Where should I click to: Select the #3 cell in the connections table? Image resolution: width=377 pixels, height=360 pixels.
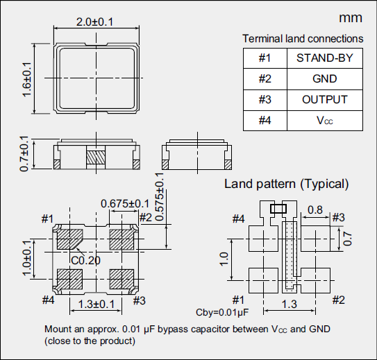(265, 99)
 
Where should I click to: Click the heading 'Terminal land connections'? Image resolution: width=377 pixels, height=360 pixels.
(302, 39)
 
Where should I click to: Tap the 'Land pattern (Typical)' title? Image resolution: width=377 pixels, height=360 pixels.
(286, 184)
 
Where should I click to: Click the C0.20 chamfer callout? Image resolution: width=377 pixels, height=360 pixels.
(85, 261)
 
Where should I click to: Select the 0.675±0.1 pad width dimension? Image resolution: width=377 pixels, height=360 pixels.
(125, 203)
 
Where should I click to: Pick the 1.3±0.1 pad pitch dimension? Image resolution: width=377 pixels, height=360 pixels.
(97, 305)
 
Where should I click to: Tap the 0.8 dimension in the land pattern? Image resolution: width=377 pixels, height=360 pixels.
(315, 209)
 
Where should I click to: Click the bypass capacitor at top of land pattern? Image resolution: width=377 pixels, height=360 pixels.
(279, 207)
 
